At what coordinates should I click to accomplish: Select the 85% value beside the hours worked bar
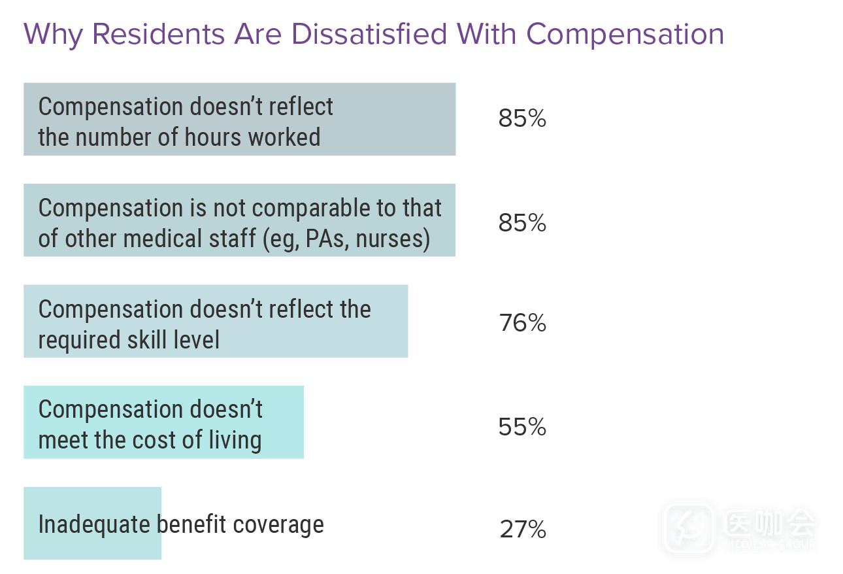pos(521,119)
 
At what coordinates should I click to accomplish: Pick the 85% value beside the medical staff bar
pos(521,223)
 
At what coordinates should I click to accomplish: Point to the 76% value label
pos(521,323)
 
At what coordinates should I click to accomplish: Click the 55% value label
pos(521,427)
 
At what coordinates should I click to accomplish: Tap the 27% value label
pos(522,529)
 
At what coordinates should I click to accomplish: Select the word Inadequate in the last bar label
pos(94,524)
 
